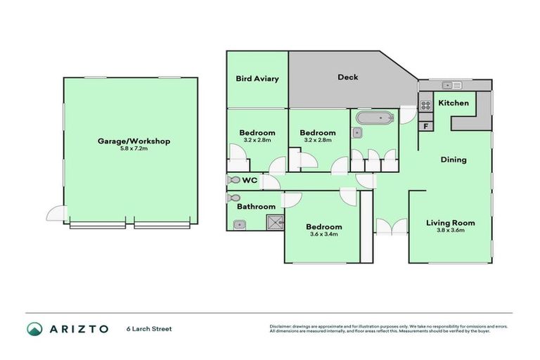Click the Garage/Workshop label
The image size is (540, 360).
click(x=134, y=141)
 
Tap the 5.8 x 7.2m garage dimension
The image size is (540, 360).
click(x=134, y=149)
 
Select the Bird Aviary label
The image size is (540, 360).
click(x=257, y=79)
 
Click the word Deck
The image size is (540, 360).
click(x=347, y=77)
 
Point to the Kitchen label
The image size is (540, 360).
click(x=454, y=103)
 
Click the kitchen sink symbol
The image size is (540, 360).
click(x=451, y=85)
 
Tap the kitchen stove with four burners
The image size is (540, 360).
click(x=425, y=105)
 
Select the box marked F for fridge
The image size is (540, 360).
click(x=425, y=126)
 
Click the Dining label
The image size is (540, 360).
click(x=453, y=160)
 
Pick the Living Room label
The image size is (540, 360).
click(x=450, y=223)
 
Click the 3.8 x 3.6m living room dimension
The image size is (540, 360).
click(x=450, y=231)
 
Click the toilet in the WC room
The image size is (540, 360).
click(x=233, y=181)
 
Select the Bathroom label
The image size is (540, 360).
click(x=256, y=207)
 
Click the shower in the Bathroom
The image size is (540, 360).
click(x=274, y=223)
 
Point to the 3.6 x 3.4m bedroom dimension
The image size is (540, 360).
click(x=323, y=234)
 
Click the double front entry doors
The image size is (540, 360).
click(x=391, y=226)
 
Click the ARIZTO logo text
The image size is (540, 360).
click(x=77, y=328)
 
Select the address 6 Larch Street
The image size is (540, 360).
click(x=149, y=328)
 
